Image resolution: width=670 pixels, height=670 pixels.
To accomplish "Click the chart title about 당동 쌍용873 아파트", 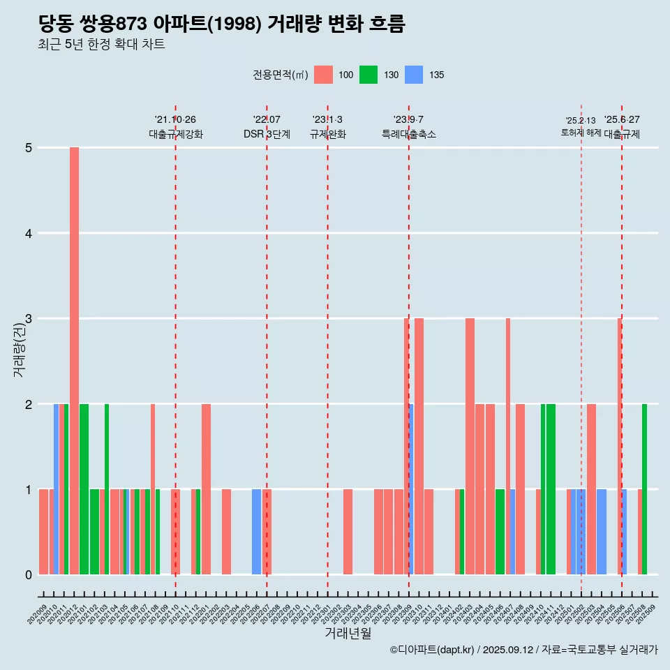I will (221, 24).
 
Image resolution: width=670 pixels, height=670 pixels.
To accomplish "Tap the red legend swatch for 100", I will (323, 75).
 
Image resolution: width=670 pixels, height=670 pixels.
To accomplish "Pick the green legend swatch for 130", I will (368, 75).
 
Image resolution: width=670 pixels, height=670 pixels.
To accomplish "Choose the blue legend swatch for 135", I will (414, 75).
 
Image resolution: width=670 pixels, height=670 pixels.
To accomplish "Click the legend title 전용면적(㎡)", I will (281, 75).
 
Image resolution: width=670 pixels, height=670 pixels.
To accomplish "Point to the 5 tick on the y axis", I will (28, 148).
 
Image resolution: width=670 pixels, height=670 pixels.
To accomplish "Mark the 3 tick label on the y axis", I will (28, 319).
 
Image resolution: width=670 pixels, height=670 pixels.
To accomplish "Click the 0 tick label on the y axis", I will (28, 575).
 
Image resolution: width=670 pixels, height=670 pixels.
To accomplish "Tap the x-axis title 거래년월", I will (348, 633).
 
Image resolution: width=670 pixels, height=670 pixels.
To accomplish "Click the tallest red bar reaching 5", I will (74, 360).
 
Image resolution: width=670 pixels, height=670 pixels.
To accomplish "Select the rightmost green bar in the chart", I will (644, 489).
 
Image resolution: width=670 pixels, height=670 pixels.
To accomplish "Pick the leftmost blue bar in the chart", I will (56, 489).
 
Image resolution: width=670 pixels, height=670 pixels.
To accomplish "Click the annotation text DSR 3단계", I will (267, 134).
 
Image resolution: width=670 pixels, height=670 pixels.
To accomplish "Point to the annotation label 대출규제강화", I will (176, 134).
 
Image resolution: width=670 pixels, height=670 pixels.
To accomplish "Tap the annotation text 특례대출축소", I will (409, 134).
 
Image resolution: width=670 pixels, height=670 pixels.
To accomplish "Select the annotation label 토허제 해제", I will (581, 133).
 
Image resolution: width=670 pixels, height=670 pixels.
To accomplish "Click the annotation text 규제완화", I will (328, 134).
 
